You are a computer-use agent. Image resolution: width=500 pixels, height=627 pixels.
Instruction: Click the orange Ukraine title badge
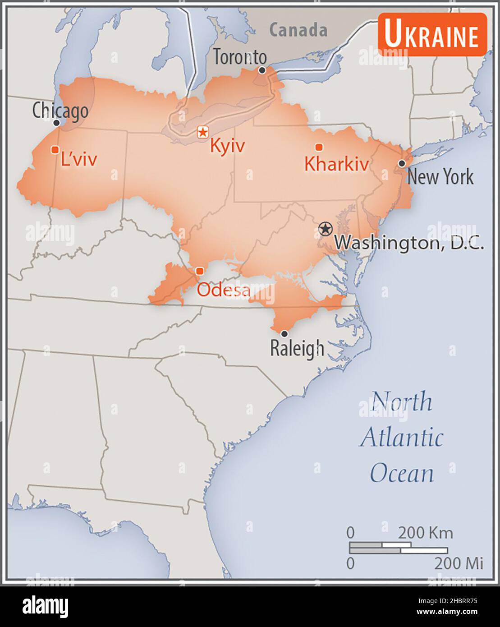click(432, 35)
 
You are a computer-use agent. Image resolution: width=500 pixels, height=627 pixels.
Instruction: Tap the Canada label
click(298, 30)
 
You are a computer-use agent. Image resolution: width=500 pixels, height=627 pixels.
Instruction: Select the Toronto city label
click(239, 57)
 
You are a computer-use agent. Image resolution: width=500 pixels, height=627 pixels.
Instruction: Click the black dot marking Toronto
click(262, 70)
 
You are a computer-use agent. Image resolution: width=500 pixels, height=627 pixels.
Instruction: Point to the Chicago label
click(60, 110)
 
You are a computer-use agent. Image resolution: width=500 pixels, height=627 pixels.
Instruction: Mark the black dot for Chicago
click(56, 123)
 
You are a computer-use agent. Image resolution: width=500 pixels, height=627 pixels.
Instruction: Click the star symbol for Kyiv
click(203, 132)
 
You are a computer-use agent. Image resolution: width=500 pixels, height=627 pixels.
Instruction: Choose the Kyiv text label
click(228, 146)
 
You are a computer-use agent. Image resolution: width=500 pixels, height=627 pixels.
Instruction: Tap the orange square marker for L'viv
click(55, 149)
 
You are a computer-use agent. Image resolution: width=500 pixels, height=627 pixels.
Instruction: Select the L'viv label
click(79, 159)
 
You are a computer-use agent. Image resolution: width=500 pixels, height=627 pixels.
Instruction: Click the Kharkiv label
click(336, 164)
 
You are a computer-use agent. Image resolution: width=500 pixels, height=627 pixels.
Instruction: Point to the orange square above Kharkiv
click(319, 147)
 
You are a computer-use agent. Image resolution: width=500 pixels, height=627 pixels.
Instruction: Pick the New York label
click(440, 177)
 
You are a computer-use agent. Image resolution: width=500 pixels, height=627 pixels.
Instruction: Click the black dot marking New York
click(401, 163)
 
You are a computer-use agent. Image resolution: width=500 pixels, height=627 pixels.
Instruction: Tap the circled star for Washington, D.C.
click(324, 229)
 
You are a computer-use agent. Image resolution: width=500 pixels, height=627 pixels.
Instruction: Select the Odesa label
click(223, 290)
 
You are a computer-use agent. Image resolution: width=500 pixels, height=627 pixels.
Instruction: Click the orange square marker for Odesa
click(200, 271)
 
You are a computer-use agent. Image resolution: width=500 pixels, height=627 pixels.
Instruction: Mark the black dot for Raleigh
click(284, 334)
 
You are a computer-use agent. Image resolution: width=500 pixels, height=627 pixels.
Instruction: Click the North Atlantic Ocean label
click(401, 437)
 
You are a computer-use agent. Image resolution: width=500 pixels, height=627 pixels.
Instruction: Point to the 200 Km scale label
click(425, 533)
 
